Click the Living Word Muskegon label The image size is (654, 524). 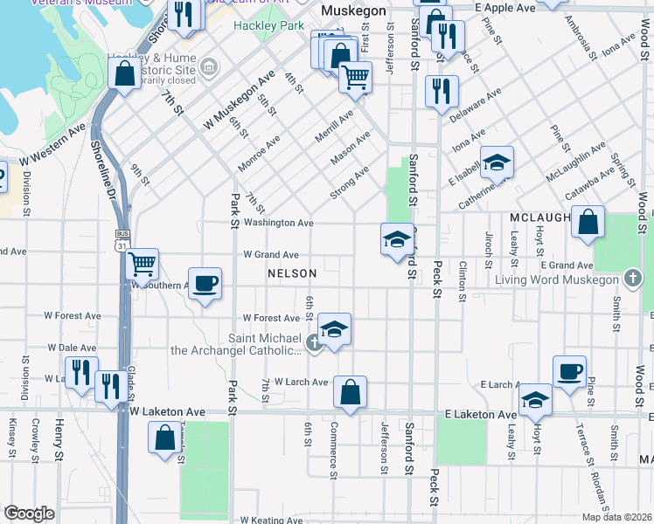click(556, 280)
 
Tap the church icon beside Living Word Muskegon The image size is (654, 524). click(634, 279)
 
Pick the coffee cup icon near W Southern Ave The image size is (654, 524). click(205, 283)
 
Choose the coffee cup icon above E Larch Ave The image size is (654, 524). click(569, 371)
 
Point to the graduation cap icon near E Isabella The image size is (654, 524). click(497, 162)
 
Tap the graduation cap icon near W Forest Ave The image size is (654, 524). click(334, 328)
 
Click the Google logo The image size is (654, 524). click(29, 514)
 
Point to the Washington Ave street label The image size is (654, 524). click(278, 223)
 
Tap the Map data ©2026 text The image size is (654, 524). click(616, 517)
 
